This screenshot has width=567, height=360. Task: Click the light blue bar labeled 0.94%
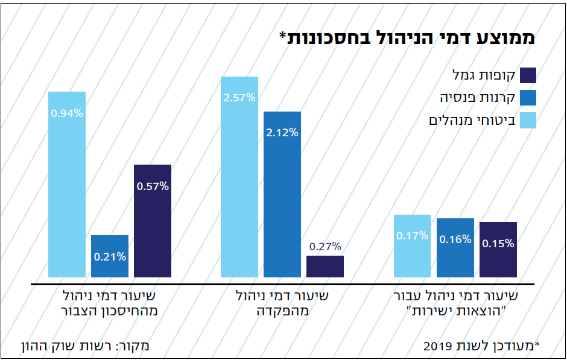click(67, 184)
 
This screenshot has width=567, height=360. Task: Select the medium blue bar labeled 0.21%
click(110, 256)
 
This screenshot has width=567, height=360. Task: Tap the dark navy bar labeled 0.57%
click(153, 221)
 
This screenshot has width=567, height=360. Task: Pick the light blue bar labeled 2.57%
click(239, 177)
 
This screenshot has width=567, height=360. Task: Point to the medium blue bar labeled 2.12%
click(282, 194)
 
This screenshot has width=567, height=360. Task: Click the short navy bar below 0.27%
click(325, 267)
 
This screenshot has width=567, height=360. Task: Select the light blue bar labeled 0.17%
click(413, 246)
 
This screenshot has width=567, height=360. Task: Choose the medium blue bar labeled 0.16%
click(455, 248)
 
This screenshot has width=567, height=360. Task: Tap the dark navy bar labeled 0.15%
click(498, 250)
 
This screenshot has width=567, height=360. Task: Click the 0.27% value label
click(325, 246)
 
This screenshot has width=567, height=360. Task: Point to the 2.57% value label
click(239, 97)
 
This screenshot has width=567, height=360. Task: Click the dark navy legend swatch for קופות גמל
click(528, 75)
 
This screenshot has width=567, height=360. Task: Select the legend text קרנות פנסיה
click(477, 98)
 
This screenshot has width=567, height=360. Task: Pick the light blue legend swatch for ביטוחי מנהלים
click(528, 120)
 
